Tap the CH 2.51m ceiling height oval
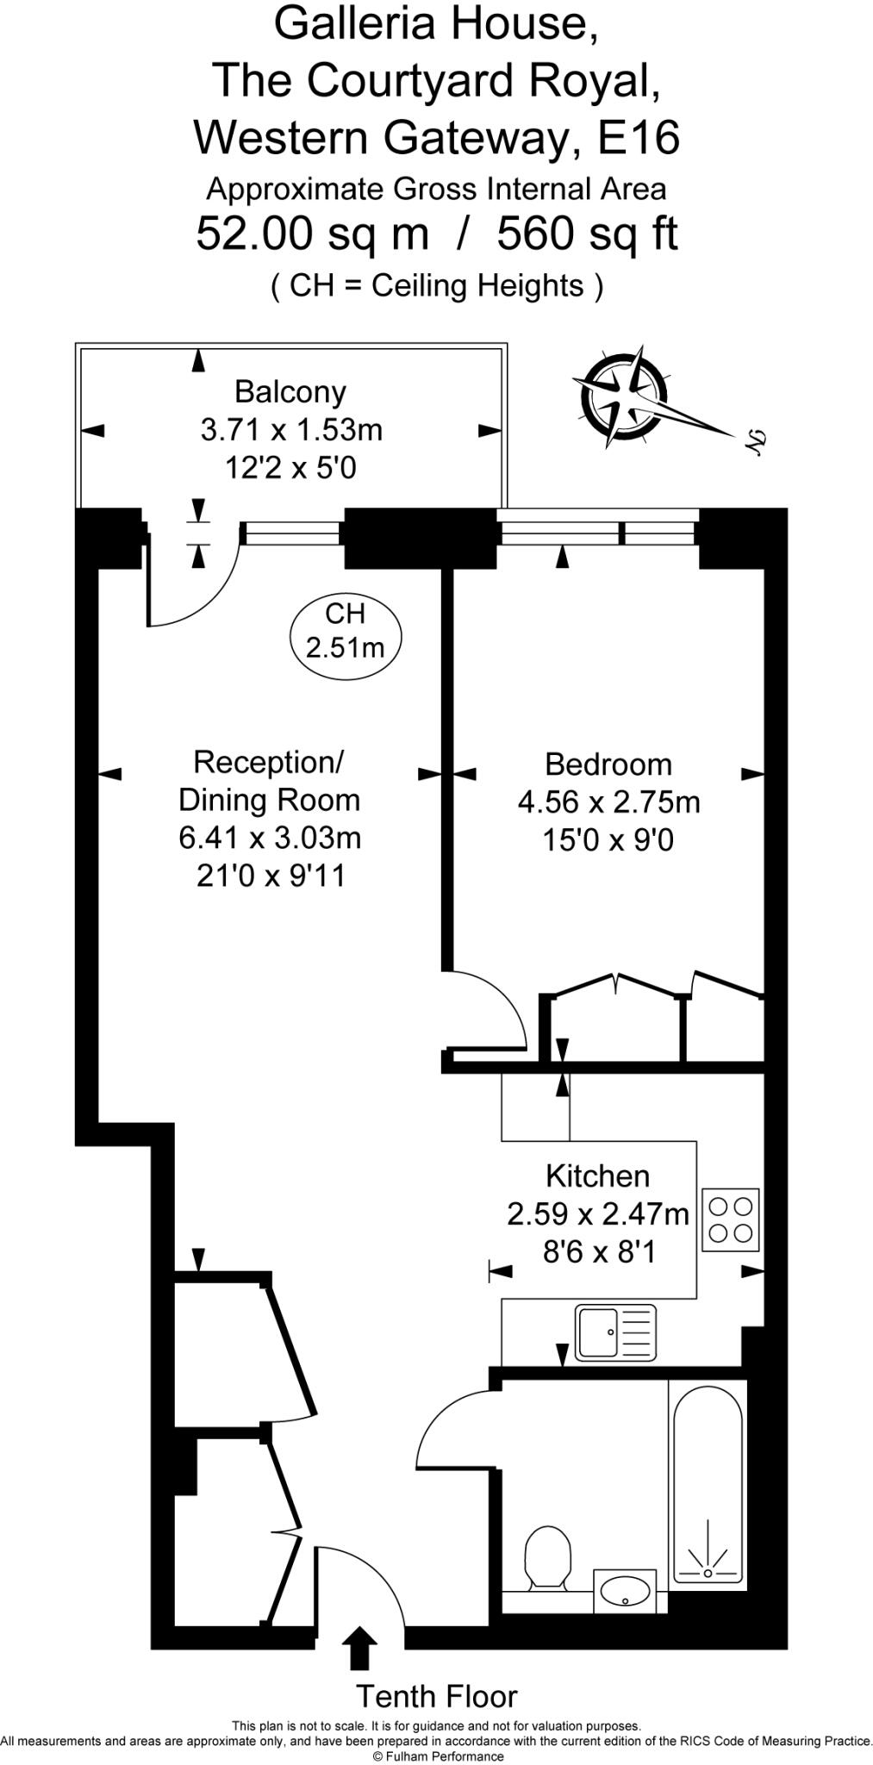coord(345,630)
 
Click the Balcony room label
coord(290,392)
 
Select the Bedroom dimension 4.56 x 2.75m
coord(608,802)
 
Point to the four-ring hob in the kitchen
coord(731,1219)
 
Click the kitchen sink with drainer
coord(616,1332)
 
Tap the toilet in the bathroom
coord(548,1558)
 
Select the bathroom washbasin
coord(627,1590)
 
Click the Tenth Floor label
coord(437,1696)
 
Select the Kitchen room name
coord(597,1176)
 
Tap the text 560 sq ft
coord(588,234)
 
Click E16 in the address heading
coord(639,138)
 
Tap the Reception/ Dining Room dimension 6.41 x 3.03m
coord(269,838)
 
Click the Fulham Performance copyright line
coord(437,1756)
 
